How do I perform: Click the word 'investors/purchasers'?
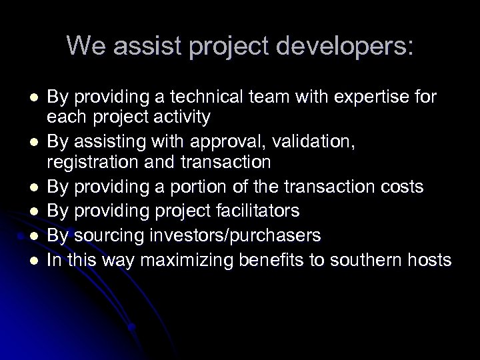click(225, 235)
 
